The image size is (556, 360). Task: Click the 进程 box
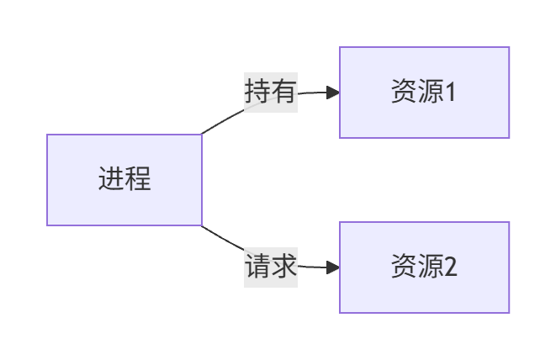(124, 180)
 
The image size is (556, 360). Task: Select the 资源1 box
(424, 93)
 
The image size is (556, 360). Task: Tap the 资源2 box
(424, 267)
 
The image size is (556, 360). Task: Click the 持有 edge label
(271, 91)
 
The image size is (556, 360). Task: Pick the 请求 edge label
(271, 267)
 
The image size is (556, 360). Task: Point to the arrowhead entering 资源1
(333, 93)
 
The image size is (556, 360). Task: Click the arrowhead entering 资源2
(333, 267)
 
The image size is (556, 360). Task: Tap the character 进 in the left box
(111, 180)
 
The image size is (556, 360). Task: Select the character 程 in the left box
(138, 180)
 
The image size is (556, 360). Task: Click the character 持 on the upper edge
(257, 91)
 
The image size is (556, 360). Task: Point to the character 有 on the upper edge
(284, 91)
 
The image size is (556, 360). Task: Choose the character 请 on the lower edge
(257, 267)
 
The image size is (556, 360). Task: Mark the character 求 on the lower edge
(284, 267)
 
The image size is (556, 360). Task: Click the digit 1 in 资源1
(450, 93)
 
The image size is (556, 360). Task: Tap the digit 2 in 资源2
(450, 267)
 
